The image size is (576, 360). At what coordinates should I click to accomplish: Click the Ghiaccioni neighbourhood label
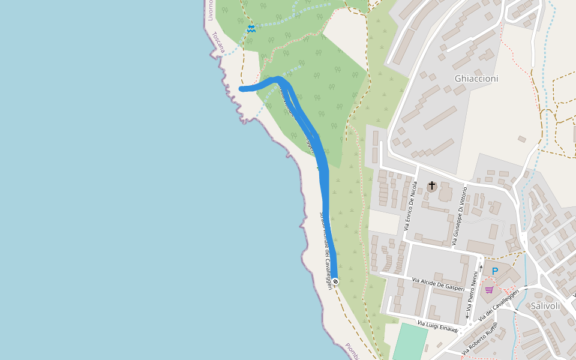click(x=476, y=79)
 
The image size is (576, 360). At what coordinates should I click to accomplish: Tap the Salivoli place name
click(x=545, y=305)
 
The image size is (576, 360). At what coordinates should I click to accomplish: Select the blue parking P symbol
click(x=495, y=271)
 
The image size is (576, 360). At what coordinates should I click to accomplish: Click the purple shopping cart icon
click(x=490, y=290)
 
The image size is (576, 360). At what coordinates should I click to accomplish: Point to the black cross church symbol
click(x=431, y=186)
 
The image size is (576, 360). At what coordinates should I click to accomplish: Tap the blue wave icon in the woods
click(x=251, y=28)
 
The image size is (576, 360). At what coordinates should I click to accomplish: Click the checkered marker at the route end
click(x=335, y=281)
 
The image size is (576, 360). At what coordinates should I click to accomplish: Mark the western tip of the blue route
click(x=242, y=89)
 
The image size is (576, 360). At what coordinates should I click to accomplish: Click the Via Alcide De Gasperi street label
click(x=439, y=284)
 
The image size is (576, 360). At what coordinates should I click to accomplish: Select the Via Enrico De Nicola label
click(x=411, y=205)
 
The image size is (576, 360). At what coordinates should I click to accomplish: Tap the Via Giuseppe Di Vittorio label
click(x=458, y=217)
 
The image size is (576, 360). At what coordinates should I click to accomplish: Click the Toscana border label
click(x=217, y=43)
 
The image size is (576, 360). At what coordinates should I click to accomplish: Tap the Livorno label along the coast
click(x=210, y=10)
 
